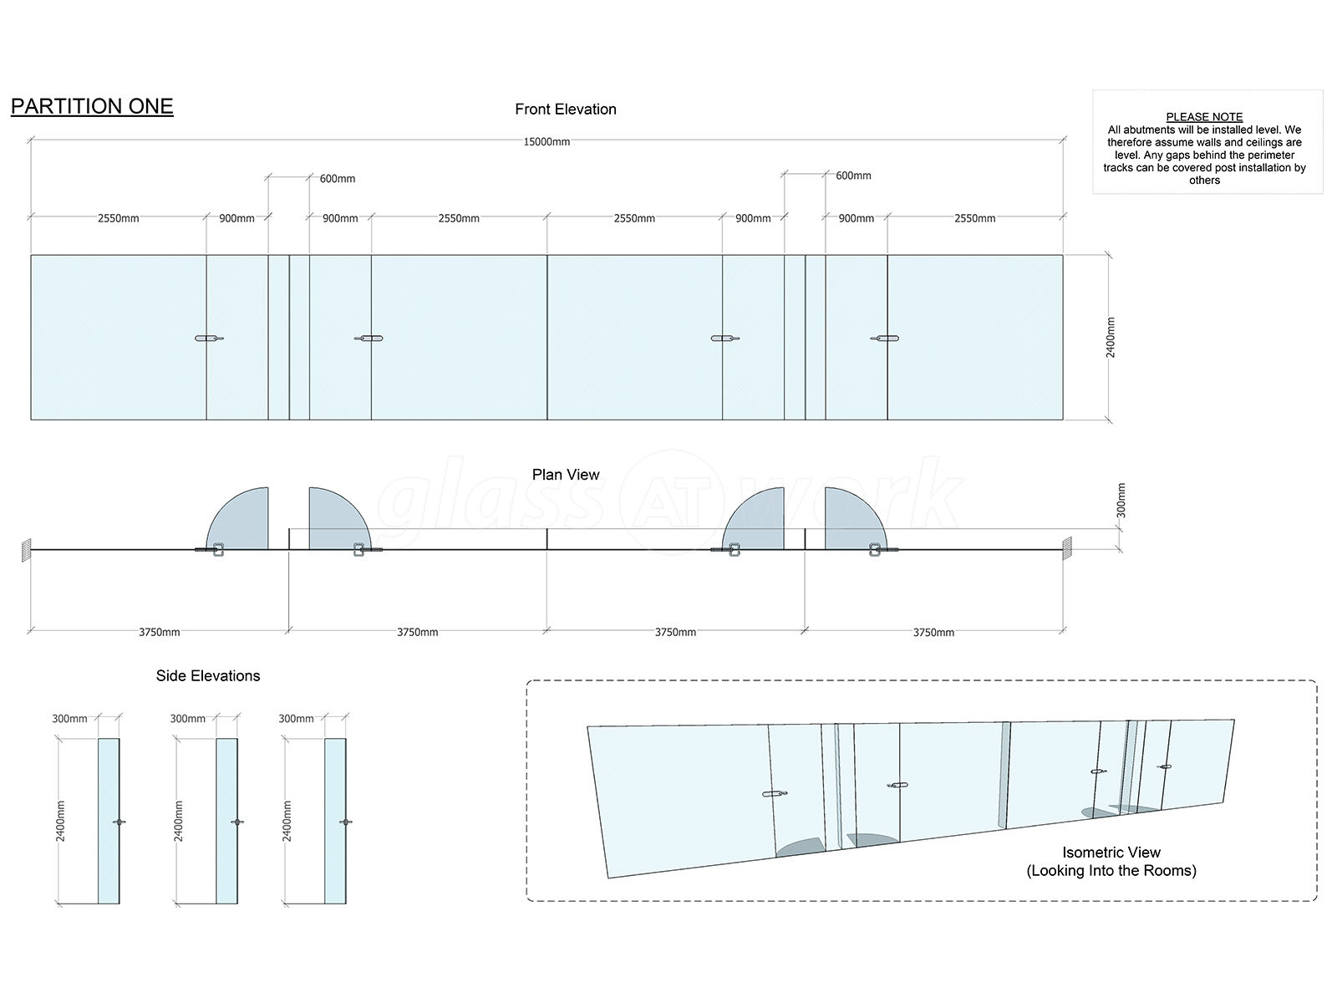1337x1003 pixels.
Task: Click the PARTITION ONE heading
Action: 92,107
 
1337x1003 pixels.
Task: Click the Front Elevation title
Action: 565,109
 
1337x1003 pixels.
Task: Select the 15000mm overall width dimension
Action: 546,142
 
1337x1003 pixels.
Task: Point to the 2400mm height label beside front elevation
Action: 1110,338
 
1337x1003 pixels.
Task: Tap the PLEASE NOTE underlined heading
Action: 1204,116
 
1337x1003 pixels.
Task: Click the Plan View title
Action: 565,475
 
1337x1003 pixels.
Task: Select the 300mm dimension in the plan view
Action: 1121,501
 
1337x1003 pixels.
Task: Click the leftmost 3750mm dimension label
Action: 159,632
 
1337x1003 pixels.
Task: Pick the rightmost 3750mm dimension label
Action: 933,633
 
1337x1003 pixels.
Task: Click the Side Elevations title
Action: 208,675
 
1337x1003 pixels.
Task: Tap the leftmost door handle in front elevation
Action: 209,338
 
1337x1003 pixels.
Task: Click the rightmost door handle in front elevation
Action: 884,338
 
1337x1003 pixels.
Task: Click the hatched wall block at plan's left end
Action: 26,550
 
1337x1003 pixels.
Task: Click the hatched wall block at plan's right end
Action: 1067,548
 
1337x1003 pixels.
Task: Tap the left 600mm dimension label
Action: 338,178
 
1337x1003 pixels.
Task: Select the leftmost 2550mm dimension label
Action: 118,218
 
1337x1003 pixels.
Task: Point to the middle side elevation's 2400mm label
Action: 178,821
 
